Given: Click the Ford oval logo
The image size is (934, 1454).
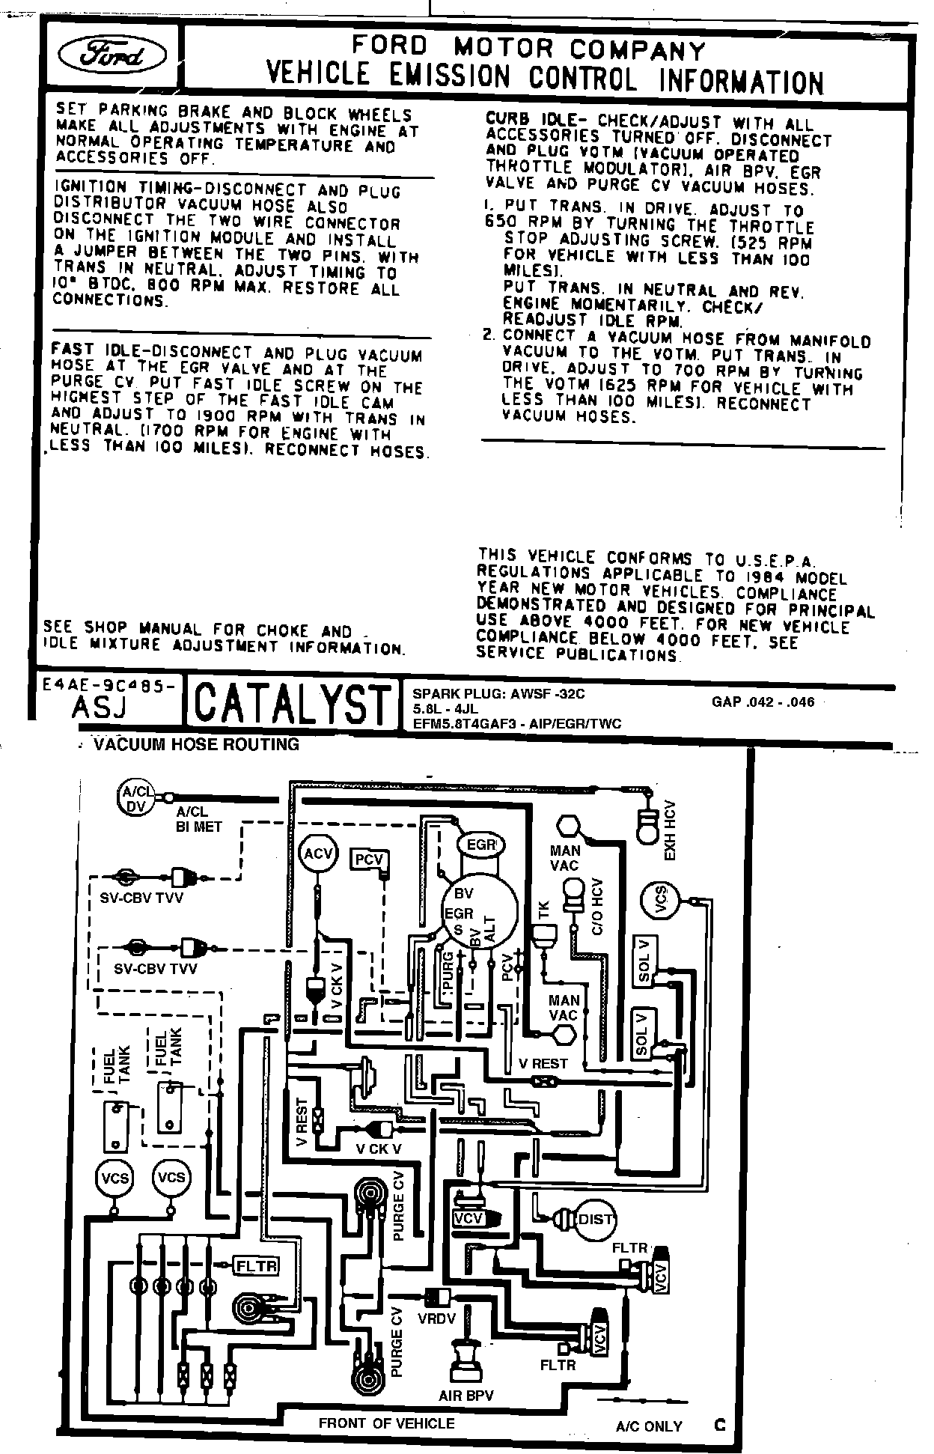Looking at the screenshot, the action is tap(113, 53).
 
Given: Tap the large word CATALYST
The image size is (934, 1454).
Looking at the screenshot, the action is tap(293, 704).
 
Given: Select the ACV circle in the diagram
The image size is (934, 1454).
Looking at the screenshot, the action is tap(318, 854).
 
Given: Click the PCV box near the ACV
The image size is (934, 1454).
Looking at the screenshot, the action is tap(369, 860).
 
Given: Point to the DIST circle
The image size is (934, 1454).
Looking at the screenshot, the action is tap(594, 1220).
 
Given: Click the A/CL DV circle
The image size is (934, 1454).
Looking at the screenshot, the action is tap(136, 799).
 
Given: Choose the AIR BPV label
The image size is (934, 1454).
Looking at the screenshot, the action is tap(466, 1396).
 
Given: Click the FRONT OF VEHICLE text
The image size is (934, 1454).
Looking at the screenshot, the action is tap(386, 1423).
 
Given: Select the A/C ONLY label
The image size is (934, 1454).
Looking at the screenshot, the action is tap(649, 1426).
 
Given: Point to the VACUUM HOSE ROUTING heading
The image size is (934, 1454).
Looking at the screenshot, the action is tap(196, 744).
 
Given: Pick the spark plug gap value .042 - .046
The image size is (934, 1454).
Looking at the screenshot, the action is tap(763, 702).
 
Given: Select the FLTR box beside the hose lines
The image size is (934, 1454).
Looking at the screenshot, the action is tap(257, 1266).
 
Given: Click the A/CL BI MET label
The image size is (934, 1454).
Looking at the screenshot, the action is tap(193, 820).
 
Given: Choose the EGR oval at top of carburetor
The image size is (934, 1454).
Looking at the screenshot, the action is tap(481, 845).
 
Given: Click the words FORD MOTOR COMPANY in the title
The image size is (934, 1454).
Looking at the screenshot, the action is tap(528, 49).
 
